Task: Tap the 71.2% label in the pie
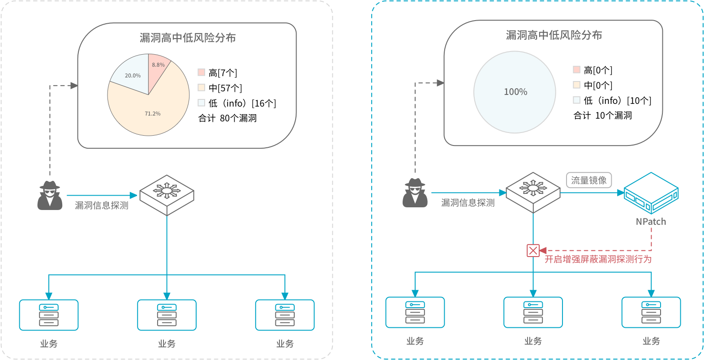click(152, 114)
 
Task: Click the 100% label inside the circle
click(515, 92)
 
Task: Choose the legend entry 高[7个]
click(218, 73)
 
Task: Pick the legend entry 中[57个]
click(220, 88)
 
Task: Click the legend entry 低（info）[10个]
click(612, 100)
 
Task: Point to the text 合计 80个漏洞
click(227, 118)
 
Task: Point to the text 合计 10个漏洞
click(602, 116)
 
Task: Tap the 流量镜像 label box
click(588, 180)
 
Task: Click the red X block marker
click(533, 251)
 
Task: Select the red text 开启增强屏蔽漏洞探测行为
click(598, 259)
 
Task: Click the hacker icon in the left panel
click(50, 195)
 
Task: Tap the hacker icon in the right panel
click(415, 193)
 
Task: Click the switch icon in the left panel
click(167, 195)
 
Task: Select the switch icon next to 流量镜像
click(533, 192)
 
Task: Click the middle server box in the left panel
click(167, 315)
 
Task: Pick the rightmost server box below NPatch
click(651, 312)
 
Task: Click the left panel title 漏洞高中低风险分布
click(188, 38)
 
